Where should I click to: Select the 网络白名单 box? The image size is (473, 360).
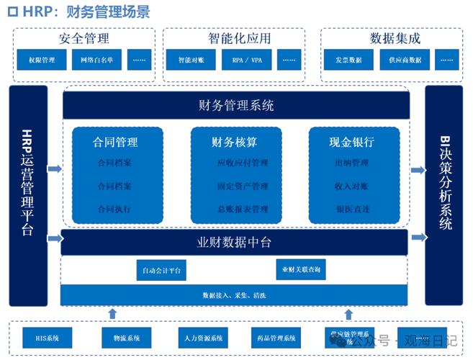[97, 60]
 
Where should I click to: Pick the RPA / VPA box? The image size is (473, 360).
[246, 60]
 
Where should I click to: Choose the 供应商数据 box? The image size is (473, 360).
[405, 60]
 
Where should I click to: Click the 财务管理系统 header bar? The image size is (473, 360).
[236, 106]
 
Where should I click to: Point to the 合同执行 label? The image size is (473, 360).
[114, 210]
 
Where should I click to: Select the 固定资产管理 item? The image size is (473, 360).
[242, 186]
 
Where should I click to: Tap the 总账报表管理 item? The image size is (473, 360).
[242, 210]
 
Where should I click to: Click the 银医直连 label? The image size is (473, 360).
[352, 210]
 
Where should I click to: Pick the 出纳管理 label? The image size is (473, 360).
[352, 163]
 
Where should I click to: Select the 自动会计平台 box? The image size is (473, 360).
[161, 271]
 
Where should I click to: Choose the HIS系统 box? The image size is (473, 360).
[47, 338]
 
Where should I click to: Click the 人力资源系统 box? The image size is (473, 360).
[203, 338]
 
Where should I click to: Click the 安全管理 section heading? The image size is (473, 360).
[85, 38]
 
